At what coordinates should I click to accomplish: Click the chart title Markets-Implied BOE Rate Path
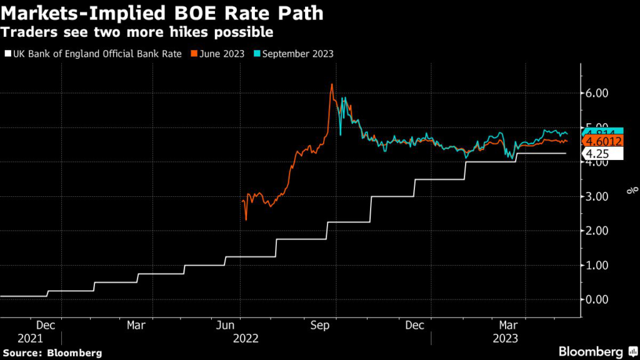(x=162, y=13)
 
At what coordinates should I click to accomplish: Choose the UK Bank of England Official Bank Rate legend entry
(x=93, y=54)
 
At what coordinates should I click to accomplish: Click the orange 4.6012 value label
(x=604, y=141)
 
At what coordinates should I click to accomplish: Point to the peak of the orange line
(x=332, y=84)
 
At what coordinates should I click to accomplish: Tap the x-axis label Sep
(x=320, y=326)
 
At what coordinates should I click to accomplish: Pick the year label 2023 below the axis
(x=506, y=338)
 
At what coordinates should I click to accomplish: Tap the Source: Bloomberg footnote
(x=51, y=352)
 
